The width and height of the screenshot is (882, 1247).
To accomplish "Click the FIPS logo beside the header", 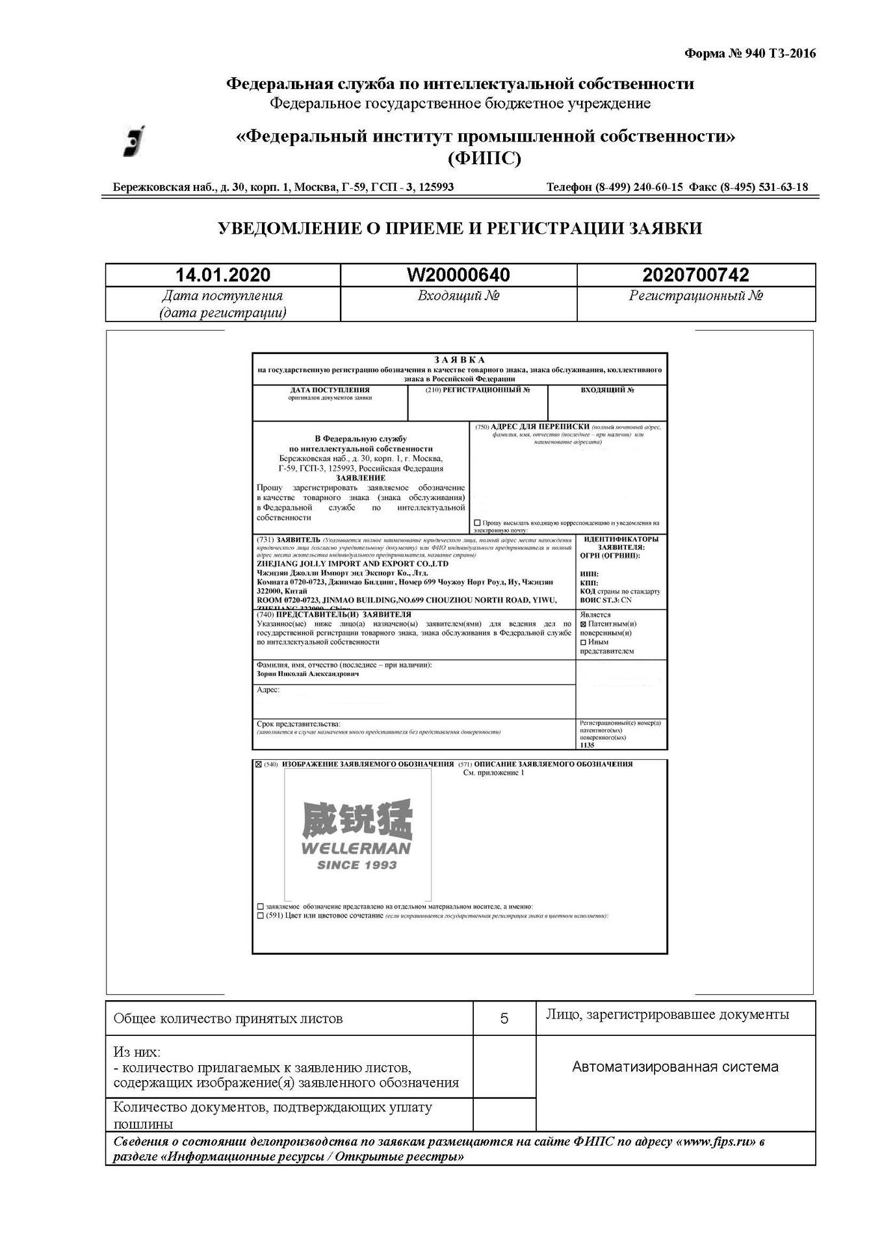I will (x=135, y=140).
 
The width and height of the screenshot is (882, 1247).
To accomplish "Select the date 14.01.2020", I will (x=223, y=275).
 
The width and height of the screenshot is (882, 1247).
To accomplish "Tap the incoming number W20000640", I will (x=458, y=275).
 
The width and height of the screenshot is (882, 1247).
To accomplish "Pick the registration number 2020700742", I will (x=695, y=275).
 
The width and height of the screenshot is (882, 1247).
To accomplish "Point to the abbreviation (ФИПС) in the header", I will (x=484, y=158).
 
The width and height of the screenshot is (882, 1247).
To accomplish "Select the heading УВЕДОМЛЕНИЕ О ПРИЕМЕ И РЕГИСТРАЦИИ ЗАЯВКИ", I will (x=460, y=228).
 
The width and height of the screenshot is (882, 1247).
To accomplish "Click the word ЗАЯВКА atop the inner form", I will (x=460, y=360).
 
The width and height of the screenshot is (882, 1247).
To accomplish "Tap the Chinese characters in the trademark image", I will (x=357, y=820).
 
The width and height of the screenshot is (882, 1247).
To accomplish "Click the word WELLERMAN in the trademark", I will (x=356, y=848).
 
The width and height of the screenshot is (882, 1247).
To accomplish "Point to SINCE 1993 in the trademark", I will (x=356, y=864).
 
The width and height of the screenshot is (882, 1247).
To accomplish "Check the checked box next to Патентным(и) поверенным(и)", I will (x=583, y=624).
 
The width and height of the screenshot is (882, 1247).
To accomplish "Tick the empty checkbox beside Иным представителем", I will (x=583, y=642).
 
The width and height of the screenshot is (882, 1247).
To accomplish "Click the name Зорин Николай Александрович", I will (x=307, y=674).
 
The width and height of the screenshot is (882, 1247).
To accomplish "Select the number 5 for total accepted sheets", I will (x=504, y=1018).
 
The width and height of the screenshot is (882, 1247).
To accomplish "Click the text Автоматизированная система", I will (x=675, y=1066).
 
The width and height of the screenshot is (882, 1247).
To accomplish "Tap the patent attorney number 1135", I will (x=587, y=745).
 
